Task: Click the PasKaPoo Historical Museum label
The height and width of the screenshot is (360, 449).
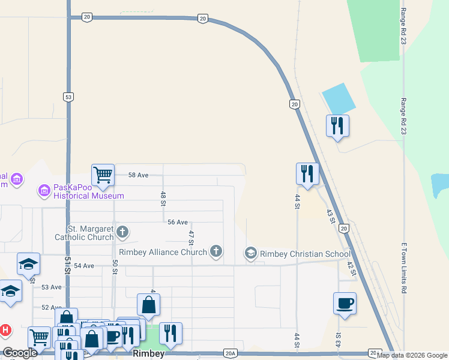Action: tap(89, 191)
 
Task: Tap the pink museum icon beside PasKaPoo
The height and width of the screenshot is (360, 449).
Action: tap(44, 191)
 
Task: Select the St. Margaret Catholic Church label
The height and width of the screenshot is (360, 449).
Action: tap(90, 232)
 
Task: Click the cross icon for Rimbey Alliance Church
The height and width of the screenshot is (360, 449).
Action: tap(215, 252)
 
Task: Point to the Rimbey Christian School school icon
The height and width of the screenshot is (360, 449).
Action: tap(250, 254)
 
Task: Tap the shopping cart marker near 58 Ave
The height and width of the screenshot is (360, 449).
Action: tap(103, 175)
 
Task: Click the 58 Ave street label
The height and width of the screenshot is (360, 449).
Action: tap(138, 175)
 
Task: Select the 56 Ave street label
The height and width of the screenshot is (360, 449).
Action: tap(178, 222)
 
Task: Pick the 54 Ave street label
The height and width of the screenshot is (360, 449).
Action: tap(85, 265)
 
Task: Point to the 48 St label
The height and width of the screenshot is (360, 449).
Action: tap(163, 199)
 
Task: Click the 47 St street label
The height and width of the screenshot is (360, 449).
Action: tap(191, 238)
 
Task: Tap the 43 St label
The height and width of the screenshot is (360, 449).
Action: tap(330, 217)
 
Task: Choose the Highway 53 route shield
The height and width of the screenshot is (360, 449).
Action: tap(68, 97)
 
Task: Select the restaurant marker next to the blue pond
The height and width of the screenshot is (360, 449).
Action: tap(337, 125)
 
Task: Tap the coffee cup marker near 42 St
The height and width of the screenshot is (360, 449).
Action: tap(345, 303)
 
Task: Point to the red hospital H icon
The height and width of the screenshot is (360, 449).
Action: tap(5, 330)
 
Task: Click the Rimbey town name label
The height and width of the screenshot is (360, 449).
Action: tap(149, 354)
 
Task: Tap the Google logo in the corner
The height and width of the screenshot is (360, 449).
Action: tap(20, 353)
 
